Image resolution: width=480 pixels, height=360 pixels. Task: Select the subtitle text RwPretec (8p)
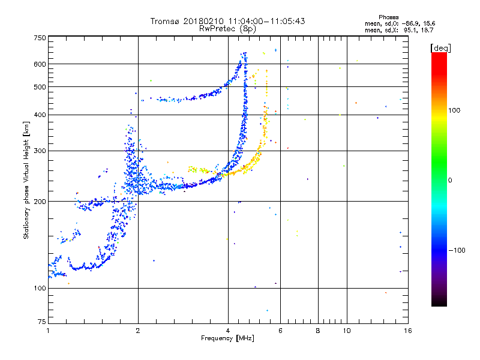(x=227, y=29)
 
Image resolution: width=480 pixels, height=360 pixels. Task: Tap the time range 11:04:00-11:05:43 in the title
(x=266, y=21)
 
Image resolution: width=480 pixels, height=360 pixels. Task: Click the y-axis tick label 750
(x=40, y=38)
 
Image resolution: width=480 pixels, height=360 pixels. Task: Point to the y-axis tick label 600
(x=40, y=64)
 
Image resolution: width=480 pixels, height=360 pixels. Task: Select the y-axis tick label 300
(x=40, y=151)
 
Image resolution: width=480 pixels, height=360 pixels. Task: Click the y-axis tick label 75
(x=42, y=322)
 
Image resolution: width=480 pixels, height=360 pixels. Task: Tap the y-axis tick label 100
(x=40, y=288)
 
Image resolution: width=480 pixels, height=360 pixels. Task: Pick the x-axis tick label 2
(x=138, y=331)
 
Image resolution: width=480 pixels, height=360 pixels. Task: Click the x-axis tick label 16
(x=408, y=331)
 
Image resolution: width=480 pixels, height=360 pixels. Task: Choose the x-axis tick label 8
(x=318, y=331)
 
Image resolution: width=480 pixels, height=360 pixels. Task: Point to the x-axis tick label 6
(x=280, y=331)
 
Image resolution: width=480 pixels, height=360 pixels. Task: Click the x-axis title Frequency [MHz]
(x=227, y=338)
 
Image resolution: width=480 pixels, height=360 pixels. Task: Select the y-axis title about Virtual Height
(x=26, y=181)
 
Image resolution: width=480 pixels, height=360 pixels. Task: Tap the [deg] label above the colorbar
(x=440, y=48)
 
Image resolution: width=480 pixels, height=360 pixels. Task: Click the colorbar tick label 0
(x=449, y=181)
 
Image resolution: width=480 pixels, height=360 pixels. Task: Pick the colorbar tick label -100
(x=457, y=250)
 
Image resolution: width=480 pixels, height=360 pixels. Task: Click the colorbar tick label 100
(x=454, y=110)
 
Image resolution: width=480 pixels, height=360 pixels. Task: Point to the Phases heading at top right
(x=388, y=17)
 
